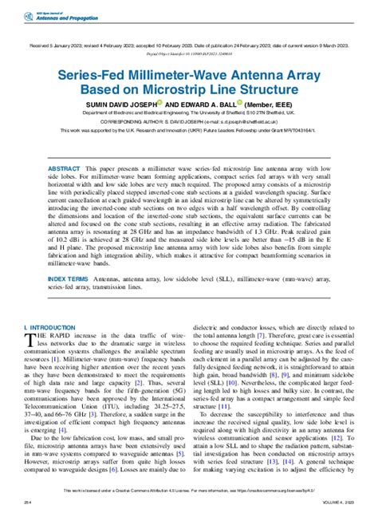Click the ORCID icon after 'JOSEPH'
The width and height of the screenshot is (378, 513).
coord(160,102)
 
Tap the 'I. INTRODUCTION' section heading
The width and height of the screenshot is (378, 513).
coord(49,328)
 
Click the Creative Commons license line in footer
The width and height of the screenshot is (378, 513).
coord(188,491)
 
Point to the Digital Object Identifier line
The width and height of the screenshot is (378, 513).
coord(188,54)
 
